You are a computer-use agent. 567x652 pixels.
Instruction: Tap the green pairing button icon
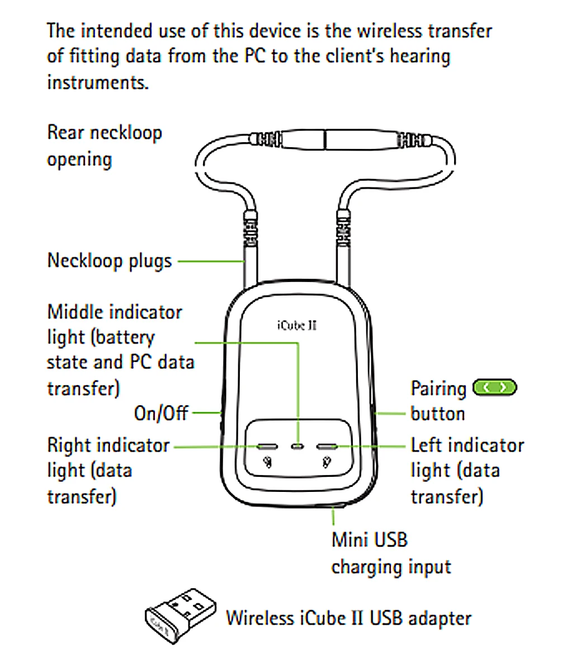coord(495,387)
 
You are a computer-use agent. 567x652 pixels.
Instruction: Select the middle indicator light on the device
coord(299,447)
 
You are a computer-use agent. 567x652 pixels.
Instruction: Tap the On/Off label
coord(161,414)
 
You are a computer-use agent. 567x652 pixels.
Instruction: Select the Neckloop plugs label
coord(110,261)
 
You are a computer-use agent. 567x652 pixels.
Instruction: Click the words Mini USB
coord(370,540)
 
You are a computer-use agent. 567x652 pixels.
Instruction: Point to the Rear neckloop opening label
coord(105,146)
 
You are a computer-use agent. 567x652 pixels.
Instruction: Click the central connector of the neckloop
coord(325,138)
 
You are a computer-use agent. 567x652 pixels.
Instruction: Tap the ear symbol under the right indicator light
coord(268,462)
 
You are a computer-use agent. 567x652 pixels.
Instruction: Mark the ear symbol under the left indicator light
coord(327,462)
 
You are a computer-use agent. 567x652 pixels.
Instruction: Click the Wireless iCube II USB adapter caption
coord(348,618)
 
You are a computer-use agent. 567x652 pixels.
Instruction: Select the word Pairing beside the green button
coord(438,388)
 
